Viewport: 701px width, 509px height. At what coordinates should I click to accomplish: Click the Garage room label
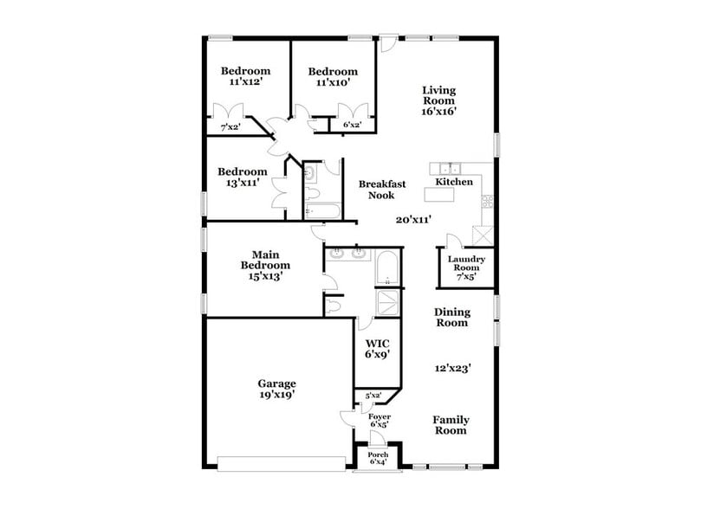(276, 383)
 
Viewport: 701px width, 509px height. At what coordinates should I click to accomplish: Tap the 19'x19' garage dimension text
(276, 395)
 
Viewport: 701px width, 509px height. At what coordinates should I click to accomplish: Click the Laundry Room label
(466, 263)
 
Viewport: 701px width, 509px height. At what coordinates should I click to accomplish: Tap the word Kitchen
(454, 183)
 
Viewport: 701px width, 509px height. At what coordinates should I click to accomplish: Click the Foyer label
(380, 417)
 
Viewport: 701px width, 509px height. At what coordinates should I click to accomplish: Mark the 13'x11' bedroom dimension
(242, 184)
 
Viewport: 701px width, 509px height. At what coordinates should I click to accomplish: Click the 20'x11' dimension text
(414, 220)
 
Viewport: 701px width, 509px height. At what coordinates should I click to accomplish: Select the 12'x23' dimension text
(452, 367)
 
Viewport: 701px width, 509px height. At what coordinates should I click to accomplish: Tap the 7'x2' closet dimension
(230, 127)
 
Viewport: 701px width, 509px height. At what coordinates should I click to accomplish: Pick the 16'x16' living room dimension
(439, 111)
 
